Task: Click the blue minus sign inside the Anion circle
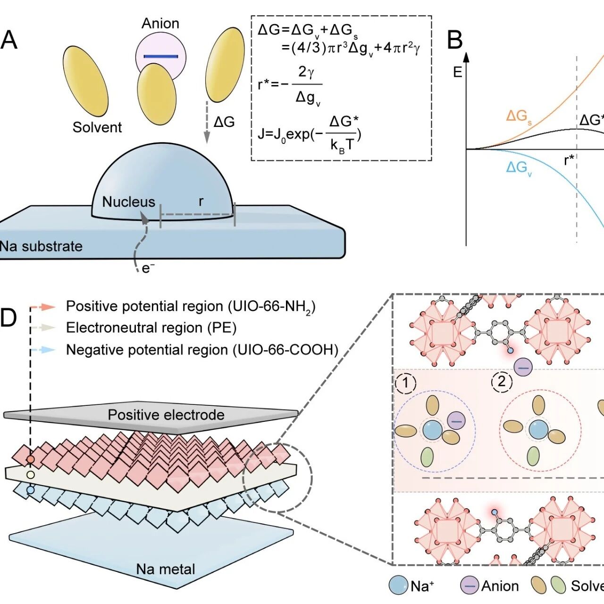[x=161, y=57]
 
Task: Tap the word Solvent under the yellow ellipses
[x=97, y=127]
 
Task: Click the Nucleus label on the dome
[x=128, y=202]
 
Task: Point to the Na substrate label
[x=41, y=246]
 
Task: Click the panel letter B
[x=455, y=40]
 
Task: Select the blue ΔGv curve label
[x=519, y=168]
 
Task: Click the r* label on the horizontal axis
[x=569, y=160]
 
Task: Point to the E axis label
[x=458, y=72]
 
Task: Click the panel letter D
[x=8, y=318]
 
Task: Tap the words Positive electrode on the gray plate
[x=166, y=415]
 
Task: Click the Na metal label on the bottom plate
[x=166, y=569]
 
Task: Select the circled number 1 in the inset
[x=406, y=383]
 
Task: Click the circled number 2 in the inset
[x=502, y=382]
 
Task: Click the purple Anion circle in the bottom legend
[x=470, y=585]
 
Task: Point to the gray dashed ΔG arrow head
[x=207, y=137]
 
